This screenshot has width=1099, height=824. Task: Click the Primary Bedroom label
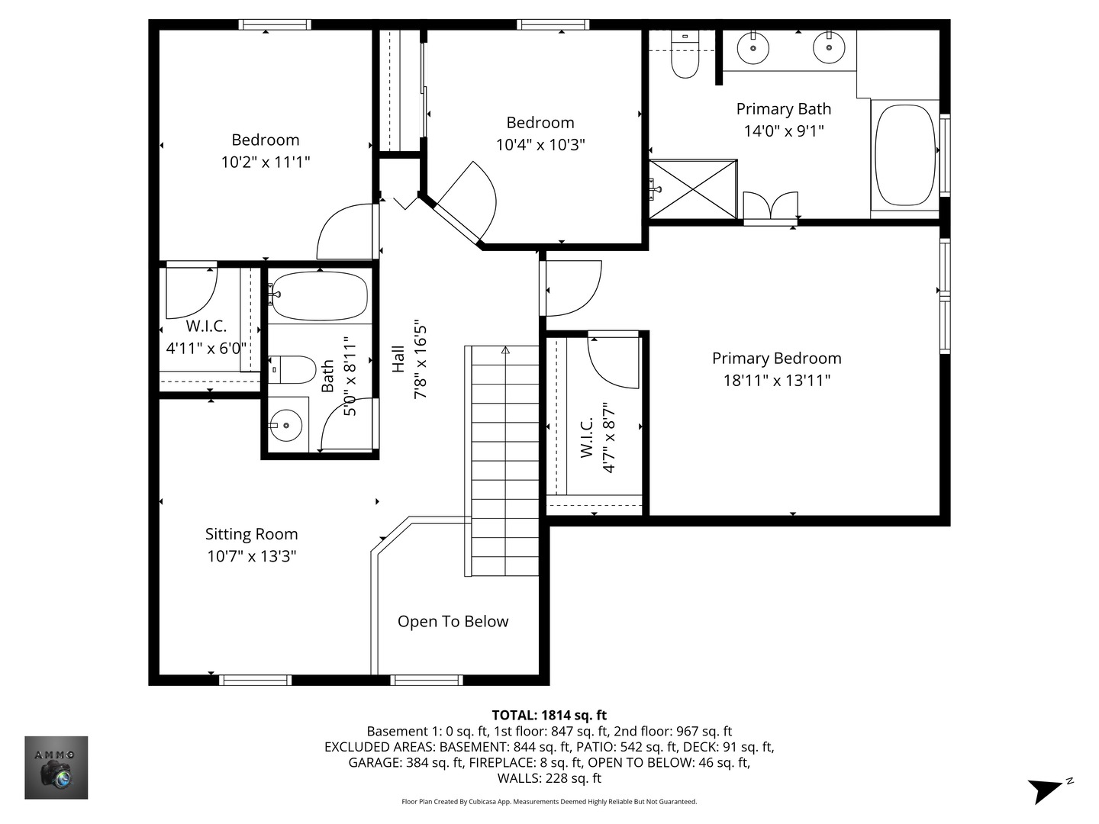(776, 359)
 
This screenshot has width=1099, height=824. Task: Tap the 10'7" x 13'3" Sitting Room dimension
(251, 556)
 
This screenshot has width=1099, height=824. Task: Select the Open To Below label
(453, 622)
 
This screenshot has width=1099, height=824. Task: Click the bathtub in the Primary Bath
(904, 156)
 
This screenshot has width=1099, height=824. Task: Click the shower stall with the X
(693, 188)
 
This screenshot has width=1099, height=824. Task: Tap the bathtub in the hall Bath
(319, 296)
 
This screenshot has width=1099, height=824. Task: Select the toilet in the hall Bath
(293, 370)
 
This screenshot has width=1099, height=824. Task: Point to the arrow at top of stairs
(505, 351)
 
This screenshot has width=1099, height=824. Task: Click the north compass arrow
(1047, 789)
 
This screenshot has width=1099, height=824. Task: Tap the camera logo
(56, 768)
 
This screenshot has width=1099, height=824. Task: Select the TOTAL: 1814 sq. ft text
(549, 715)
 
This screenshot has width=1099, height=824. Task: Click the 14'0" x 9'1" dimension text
(783, 131)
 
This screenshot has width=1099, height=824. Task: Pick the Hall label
(398, 359)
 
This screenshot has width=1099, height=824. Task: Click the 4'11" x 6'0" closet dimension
(206, 349)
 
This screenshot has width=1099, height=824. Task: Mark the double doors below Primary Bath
(771, 207)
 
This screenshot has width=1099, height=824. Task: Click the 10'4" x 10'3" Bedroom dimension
(540, 145)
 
